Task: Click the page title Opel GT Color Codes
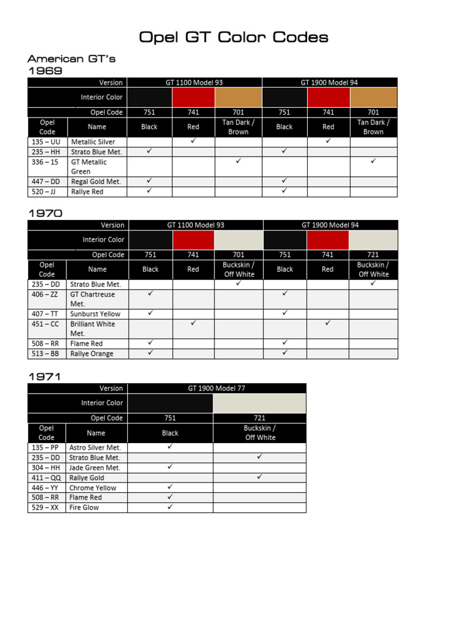(233, 37)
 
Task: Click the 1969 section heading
(45, 71)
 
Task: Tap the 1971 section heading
(45, 377)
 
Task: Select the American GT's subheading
(71, 59)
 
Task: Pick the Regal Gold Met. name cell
(96, 182)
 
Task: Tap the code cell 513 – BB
(46, 353)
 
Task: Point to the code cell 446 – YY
(46, 487)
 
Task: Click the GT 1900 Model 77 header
(216, 388)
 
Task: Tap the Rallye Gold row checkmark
(260, 477)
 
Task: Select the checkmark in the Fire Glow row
(170, 506)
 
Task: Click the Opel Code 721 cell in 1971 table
(260, 418)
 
